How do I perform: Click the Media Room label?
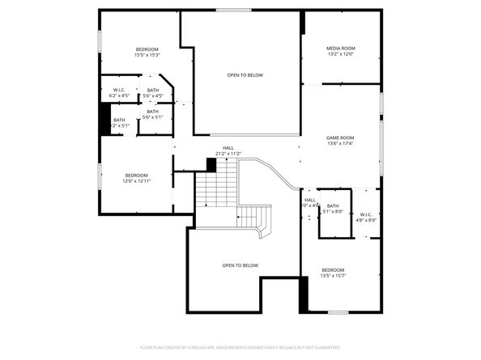341,49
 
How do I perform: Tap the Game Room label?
341,138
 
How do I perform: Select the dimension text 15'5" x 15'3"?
147,55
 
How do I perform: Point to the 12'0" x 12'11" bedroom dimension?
136,181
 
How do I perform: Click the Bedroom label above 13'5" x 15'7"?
333,269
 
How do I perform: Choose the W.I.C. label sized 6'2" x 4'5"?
119,90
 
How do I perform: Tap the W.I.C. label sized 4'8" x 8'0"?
365,214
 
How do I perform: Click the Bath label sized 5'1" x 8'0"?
332,205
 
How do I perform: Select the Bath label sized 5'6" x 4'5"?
153,90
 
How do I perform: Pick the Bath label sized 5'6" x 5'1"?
153,111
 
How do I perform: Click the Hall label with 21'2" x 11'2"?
229,148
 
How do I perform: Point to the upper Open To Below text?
245,75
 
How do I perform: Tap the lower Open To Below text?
240,265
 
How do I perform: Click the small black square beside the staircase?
211,164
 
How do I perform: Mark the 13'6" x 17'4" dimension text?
341,143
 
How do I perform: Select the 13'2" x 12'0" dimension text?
341,54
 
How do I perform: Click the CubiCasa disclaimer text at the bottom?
240,347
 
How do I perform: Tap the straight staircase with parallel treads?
215,191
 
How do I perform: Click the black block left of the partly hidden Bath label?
104,121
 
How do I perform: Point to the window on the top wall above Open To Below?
233,10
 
